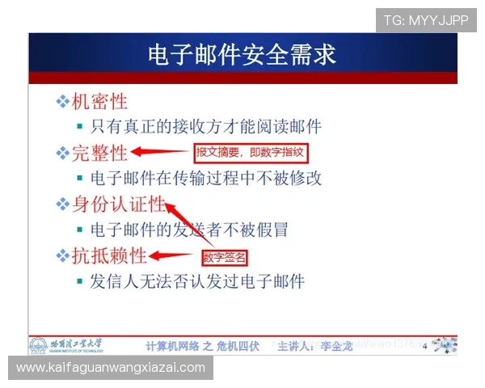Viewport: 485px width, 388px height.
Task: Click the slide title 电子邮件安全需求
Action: point(242,54)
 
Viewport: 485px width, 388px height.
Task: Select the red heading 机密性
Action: point(100,102)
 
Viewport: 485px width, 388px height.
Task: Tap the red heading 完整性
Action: point(100,153)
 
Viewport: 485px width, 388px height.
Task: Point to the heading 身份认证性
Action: point(118,205)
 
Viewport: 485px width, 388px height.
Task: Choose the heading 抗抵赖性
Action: point(110,256)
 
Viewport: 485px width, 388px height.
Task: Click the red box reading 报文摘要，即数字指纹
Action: point(252,152)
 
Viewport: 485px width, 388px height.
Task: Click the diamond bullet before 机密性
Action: point(62,102)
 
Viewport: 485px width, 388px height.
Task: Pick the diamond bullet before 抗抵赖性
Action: point(62,256)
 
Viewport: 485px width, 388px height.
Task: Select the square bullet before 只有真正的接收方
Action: point(79,127)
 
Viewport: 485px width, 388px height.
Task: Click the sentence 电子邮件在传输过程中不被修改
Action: point(206,178)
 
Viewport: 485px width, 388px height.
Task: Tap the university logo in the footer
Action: point(38,346)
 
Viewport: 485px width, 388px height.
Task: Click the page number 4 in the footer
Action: point(424,347)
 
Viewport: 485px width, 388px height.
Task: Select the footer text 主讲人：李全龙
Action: point(312,346)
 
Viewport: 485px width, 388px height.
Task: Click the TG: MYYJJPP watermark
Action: point(426,20)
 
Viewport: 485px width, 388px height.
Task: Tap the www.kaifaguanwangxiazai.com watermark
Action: point(111,368)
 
